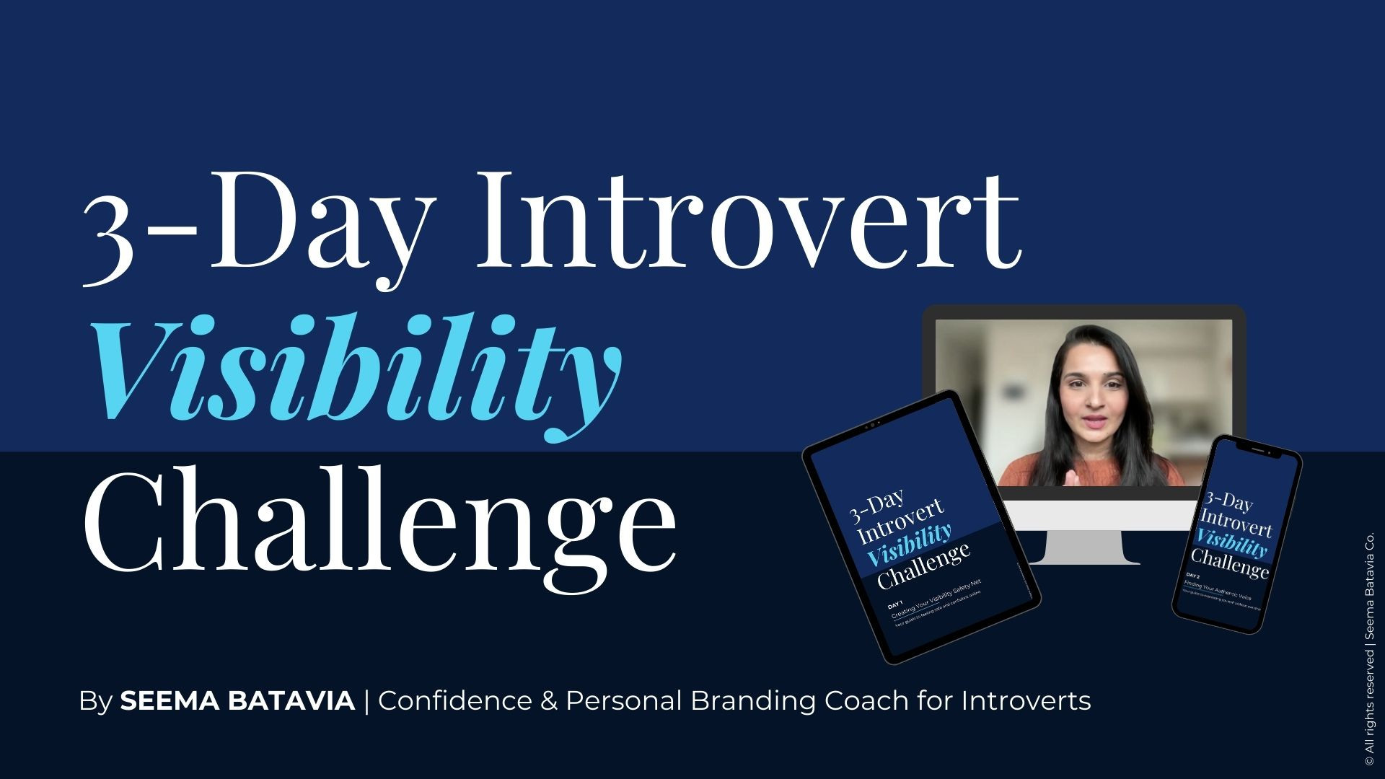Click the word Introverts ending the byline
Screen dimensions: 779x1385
point(1026,700)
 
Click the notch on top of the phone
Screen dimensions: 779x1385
point(1257,449)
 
